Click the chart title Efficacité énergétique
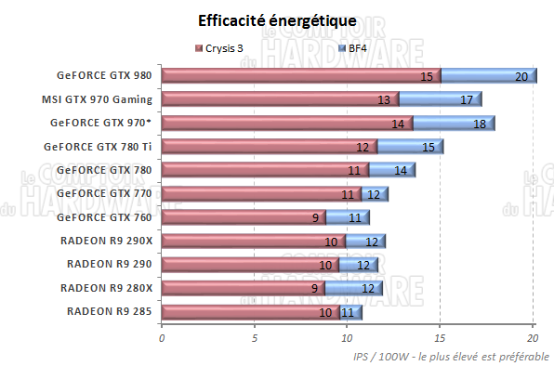[x=276, y=20]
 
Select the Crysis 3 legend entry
[x=232, y=47]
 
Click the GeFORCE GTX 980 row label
[x=106, y=76]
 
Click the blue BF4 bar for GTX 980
[x=488, y=76]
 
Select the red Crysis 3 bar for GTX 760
[x=242, y=217]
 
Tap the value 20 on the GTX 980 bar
[x=521, y=76]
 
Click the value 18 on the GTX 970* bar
[x=479, y=124]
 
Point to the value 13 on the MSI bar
[x=383, y=99]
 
